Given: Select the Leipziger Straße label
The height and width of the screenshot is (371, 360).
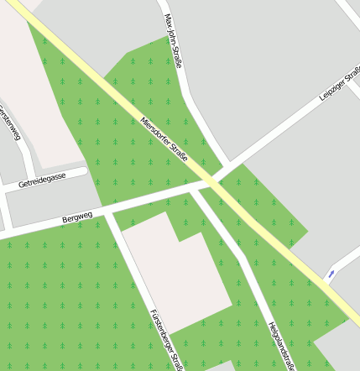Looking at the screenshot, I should pyautogui.click(x=339, y=86).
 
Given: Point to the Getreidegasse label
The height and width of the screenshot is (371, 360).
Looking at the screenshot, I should pyautogui.click(x=42, y=180).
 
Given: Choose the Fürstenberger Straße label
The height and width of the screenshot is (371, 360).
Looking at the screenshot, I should pyautogui.click(x=165, y=338).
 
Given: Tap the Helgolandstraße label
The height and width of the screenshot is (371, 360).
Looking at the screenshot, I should pyautogui.click(x=281, y=345).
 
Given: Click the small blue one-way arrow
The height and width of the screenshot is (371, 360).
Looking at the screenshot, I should pyautogui.click(x=331, y=274).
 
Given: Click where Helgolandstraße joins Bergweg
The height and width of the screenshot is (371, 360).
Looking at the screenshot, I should pyautogui.click(x=196, y=190).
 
